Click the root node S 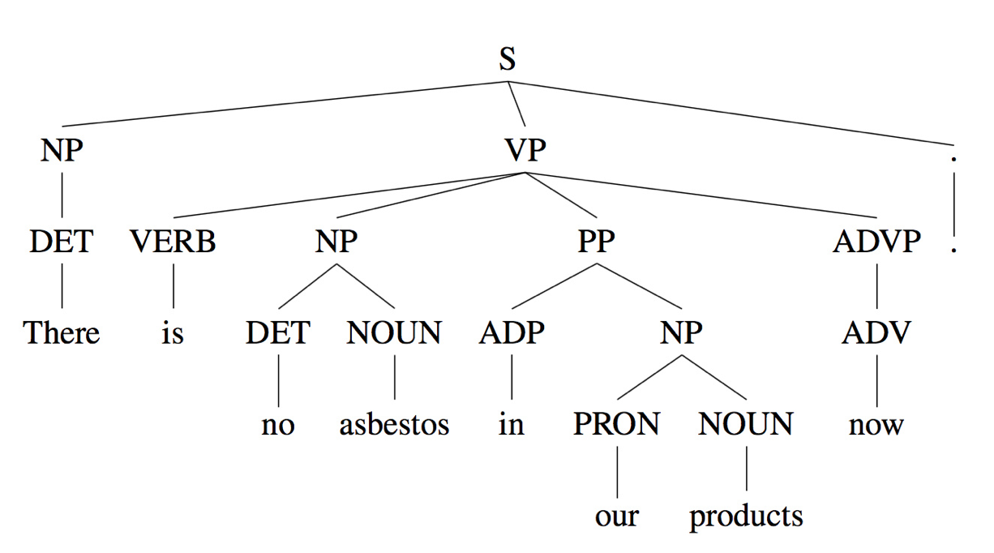click(x=507, y=59)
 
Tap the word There click(x=62, y=333)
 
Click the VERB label click(x=173, y=242)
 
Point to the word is click(x=173, y=333)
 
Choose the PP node click(x=596, y=242)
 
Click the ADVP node click(x=876, y=242)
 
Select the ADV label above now click(x=876, y=333)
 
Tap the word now click(x=876, y=425)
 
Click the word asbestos click(x=394, y=425)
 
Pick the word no click(x=278, y=425)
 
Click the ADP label click(x=511, y=333)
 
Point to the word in click(x=511, y=425)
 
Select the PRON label click(x=617, y=425)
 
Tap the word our click(x=617, y=517)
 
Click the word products click(x=746, y=517)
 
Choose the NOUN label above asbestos click(x=394, y=333)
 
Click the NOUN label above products click(x=746, y=425)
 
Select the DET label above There click(x=62, y=242)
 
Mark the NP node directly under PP click(x=681, y=333)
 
